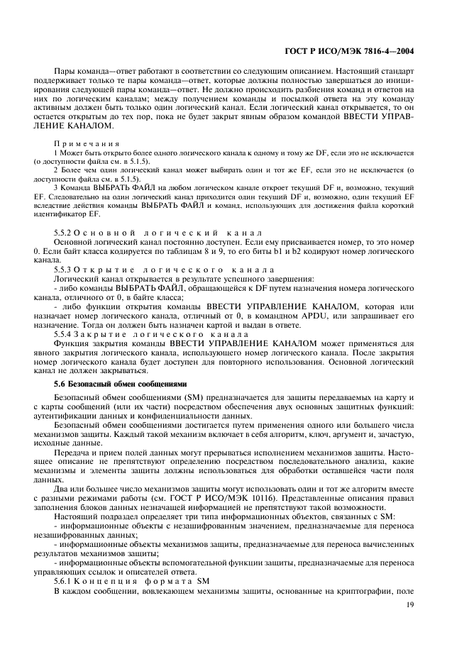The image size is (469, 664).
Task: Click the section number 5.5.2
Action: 64,233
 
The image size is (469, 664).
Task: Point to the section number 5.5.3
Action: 64,270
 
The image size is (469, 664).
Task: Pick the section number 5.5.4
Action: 64,334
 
